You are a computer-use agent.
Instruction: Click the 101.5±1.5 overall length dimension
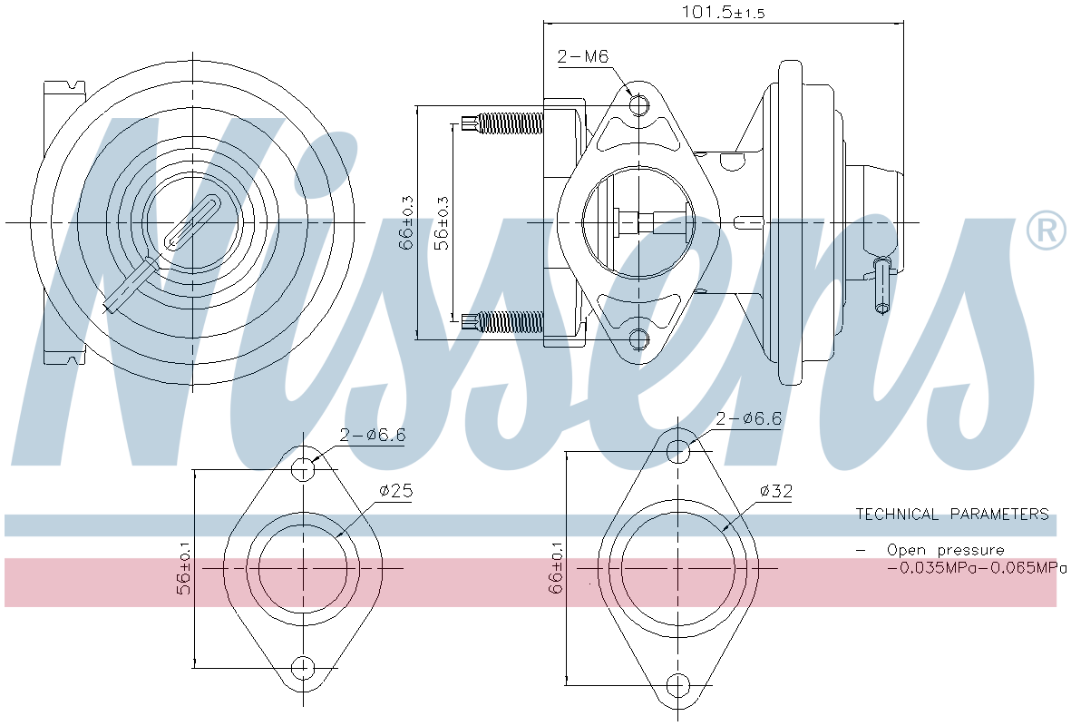pyautogui.click(x=723, y=12)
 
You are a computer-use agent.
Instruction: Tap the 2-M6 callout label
pyautogui.click(x=581, y=56)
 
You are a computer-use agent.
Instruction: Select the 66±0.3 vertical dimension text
pyautogui.click(x=407, y=222)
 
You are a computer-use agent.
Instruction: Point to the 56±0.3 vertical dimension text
pyautogui.click(x=442, y=222)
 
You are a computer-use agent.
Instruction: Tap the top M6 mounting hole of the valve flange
pyautogui.click(x=639, y=106)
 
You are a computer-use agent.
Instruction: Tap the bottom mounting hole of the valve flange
pyautogui.click(x=639, y=339)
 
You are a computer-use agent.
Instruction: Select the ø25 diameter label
pyautogui.click(x=395, y=491)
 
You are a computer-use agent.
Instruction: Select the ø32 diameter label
pyautogui.click(x=776, y=491)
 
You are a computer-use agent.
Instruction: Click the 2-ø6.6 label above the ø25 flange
pyautogui.click(x=372, y=435)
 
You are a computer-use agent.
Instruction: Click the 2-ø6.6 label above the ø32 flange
pyautogui.click(x=748, y=419)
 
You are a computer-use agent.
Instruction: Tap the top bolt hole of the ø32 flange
pyautogui.click(x=678, y=449)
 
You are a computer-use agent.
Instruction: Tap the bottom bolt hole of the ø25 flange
pyautogui.click(x=303, y=668)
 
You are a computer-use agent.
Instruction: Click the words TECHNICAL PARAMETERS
pyautogui.click(x=951, y=515)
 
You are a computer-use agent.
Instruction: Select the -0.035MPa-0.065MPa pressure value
pyautogui.click(x=976, y=568)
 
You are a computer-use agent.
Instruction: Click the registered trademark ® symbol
pyautogui.click(x=1046, y=231)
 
